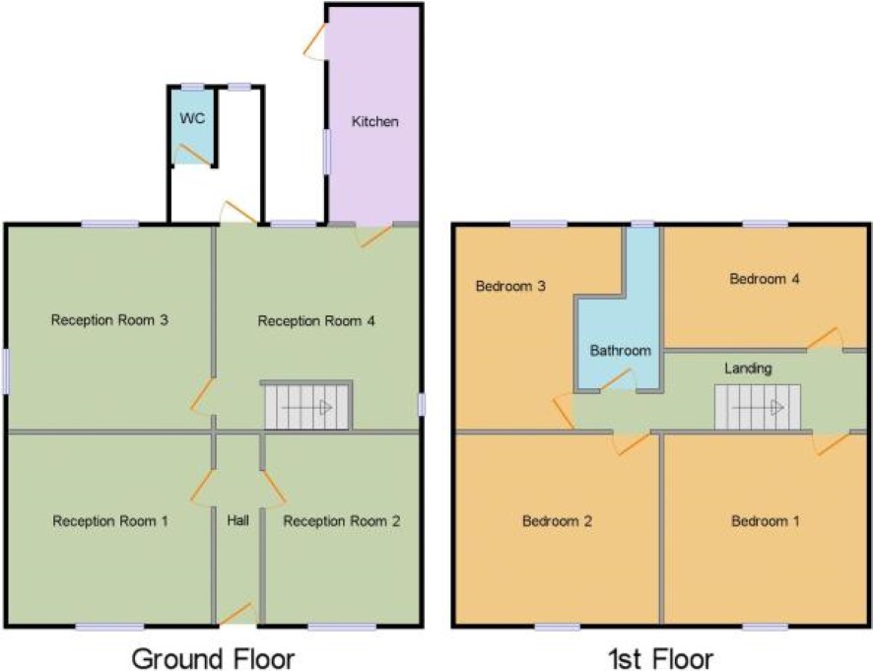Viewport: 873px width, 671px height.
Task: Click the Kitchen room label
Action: click(x=374, y=121)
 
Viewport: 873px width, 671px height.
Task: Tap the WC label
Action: click(x=192, y=118)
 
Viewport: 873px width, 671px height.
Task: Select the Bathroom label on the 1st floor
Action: click(x=620, y=350)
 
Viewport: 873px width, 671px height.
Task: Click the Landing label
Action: click(x=748, y=369)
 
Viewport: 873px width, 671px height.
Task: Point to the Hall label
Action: click(x=237, y=520)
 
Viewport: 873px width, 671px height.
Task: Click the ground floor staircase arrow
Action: click(x=306, y=408)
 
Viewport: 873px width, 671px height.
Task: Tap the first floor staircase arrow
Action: click(x=758, y=408)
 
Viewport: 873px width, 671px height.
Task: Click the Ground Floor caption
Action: click(x=213, y=659)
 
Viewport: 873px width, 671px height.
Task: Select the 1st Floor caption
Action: click(x=660, y=659)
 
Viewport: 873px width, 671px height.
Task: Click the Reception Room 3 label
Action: click(x=109, y=319)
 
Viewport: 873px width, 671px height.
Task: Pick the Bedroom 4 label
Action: click(x=765, y=279)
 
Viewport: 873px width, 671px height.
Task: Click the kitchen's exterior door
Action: click(x=314, y=40)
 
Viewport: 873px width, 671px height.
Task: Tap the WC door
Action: click(x=193, y=155)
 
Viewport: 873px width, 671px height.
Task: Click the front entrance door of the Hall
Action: click(x=237, y=614)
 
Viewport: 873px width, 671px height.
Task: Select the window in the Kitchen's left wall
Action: click(x=327, y=151)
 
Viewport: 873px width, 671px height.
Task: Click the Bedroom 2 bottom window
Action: click(x=558, y=627)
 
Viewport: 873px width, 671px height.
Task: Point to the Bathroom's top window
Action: click(x=642, y=224)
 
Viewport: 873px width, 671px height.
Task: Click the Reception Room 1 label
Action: click(x=110, y=520)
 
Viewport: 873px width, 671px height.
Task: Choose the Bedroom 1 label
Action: click(x=766, y=520)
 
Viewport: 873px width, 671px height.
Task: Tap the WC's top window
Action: click(x=193, y=87)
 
